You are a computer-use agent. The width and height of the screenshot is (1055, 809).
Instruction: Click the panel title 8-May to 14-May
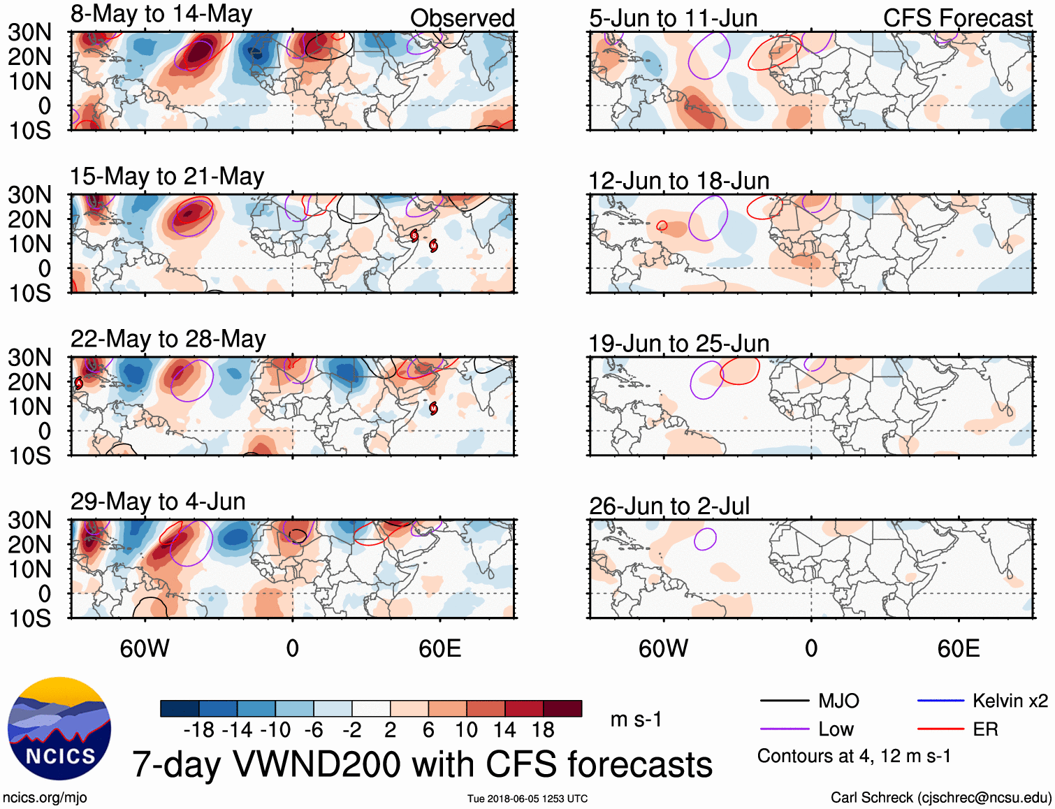pos(161,15)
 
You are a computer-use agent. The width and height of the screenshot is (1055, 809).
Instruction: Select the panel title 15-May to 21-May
pos(167,177)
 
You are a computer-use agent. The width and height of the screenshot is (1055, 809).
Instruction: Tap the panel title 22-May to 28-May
pos(168,340)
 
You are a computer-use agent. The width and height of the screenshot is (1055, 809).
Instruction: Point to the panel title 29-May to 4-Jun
pos(158,502)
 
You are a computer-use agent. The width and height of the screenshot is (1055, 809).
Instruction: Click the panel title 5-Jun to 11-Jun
pos(674,18)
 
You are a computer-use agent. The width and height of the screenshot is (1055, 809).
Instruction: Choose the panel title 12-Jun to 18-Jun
pos(679,181)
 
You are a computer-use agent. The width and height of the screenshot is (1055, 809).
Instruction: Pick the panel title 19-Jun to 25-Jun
pos(679,344)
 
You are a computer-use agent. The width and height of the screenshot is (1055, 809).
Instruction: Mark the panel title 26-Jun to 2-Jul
pos(669,506)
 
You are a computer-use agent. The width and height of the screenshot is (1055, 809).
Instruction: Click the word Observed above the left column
pos(463,18)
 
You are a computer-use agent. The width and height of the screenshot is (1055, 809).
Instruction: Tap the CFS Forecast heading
pos(958,18)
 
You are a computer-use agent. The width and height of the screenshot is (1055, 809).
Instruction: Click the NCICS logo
pos(59,729)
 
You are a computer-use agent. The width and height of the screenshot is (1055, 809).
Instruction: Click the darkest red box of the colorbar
pos(562,708)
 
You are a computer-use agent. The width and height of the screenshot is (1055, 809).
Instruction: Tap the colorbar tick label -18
pos(199,730)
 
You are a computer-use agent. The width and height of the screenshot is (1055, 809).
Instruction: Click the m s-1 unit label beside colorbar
pos(636,720)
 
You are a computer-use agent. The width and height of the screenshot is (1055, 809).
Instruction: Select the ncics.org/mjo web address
pos(45,798)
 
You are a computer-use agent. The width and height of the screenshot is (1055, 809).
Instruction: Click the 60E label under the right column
pos(959,648)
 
